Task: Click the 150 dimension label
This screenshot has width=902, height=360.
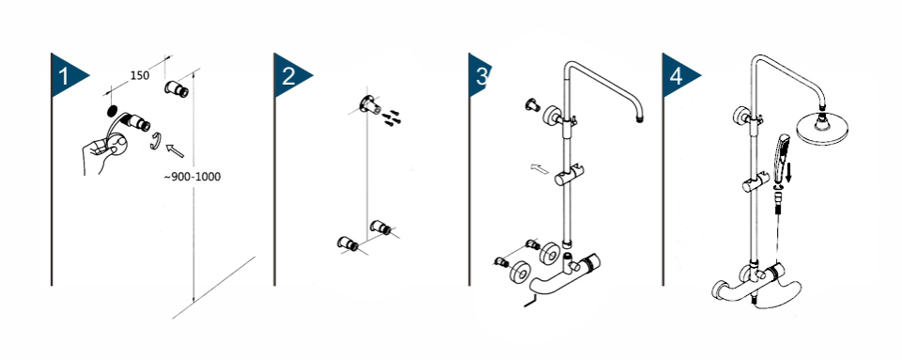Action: [x=139, y=75]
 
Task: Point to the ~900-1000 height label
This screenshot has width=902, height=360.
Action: [x=192, y=177]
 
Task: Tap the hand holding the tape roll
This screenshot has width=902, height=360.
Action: [x=103, y=152]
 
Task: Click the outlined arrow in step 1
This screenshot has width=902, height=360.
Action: [x=175, y=149]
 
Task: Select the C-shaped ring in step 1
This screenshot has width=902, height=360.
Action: [x=155, y=141]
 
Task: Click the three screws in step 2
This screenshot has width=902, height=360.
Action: [x=393, y=117]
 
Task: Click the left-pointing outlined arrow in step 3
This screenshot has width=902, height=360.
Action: [x=539, y=169]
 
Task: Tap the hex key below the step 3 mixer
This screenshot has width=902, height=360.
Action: [x=529, y=300]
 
